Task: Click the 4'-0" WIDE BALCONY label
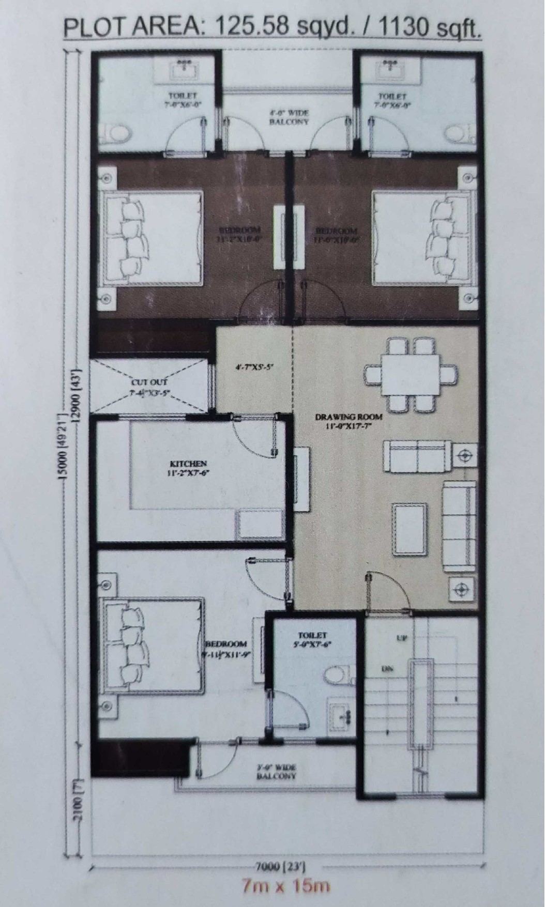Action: point(289,117)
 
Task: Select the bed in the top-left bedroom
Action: point(153,237)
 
